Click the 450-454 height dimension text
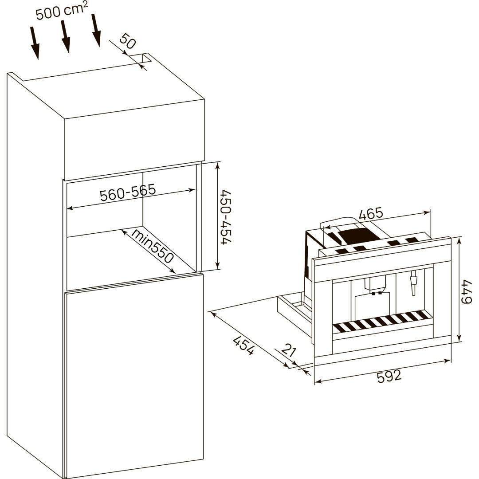[226, 217]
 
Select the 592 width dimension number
[389, 376]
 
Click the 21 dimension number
[288, 351]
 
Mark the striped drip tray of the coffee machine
[381, 322]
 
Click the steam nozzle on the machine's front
[414, 283]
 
